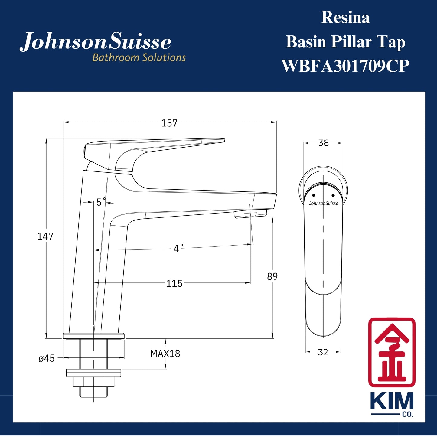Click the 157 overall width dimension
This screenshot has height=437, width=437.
(x=169, y=123)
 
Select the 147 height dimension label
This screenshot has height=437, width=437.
(x=45, y=236)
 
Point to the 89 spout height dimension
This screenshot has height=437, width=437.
(x=272, y=276)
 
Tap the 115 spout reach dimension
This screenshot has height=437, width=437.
(x=174, y=283)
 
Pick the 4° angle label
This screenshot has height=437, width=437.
(x=178, y=248)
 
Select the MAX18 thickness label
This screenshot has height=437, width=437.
(x=165, y=354)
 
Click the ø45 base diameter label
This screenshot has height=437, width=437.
(x=47, y=358)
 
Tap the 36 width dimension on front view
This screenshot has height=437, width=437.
(x=323, y=143)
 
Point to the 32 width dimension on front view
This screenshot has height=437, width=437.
(x=323, y=352)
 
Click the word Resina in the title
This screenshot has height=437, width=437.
(x=345, y=18)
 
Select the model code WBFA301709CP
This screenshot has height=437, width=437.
(x=345, y=66)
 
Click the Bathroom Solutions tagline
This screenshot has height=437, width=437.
(x=139, y=57)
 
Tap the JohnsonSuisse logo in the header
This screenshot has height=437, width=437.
(x=96, y=42)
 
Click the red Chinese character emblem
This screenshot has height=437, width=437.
(x=392, y=352)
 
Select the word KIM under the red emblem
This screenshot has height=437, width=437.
(x=392, y=402)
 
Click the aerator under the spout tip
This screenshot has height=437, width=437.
(x=250, y=214)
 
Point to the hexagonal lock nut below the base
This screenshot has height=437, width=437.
(x=94, y=382)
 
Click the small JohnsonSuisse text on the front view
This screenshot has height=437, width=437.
(x=323, y=204)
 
